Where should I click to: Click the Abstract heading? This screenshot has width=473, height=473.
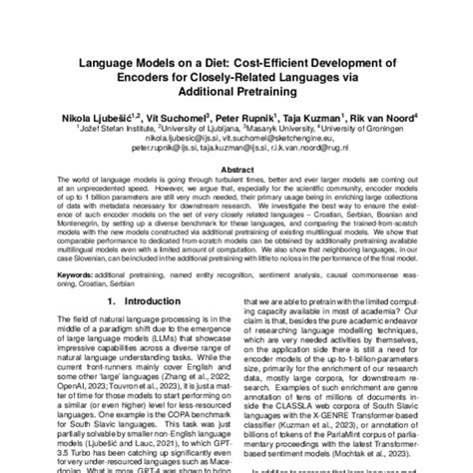[236, 171]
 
